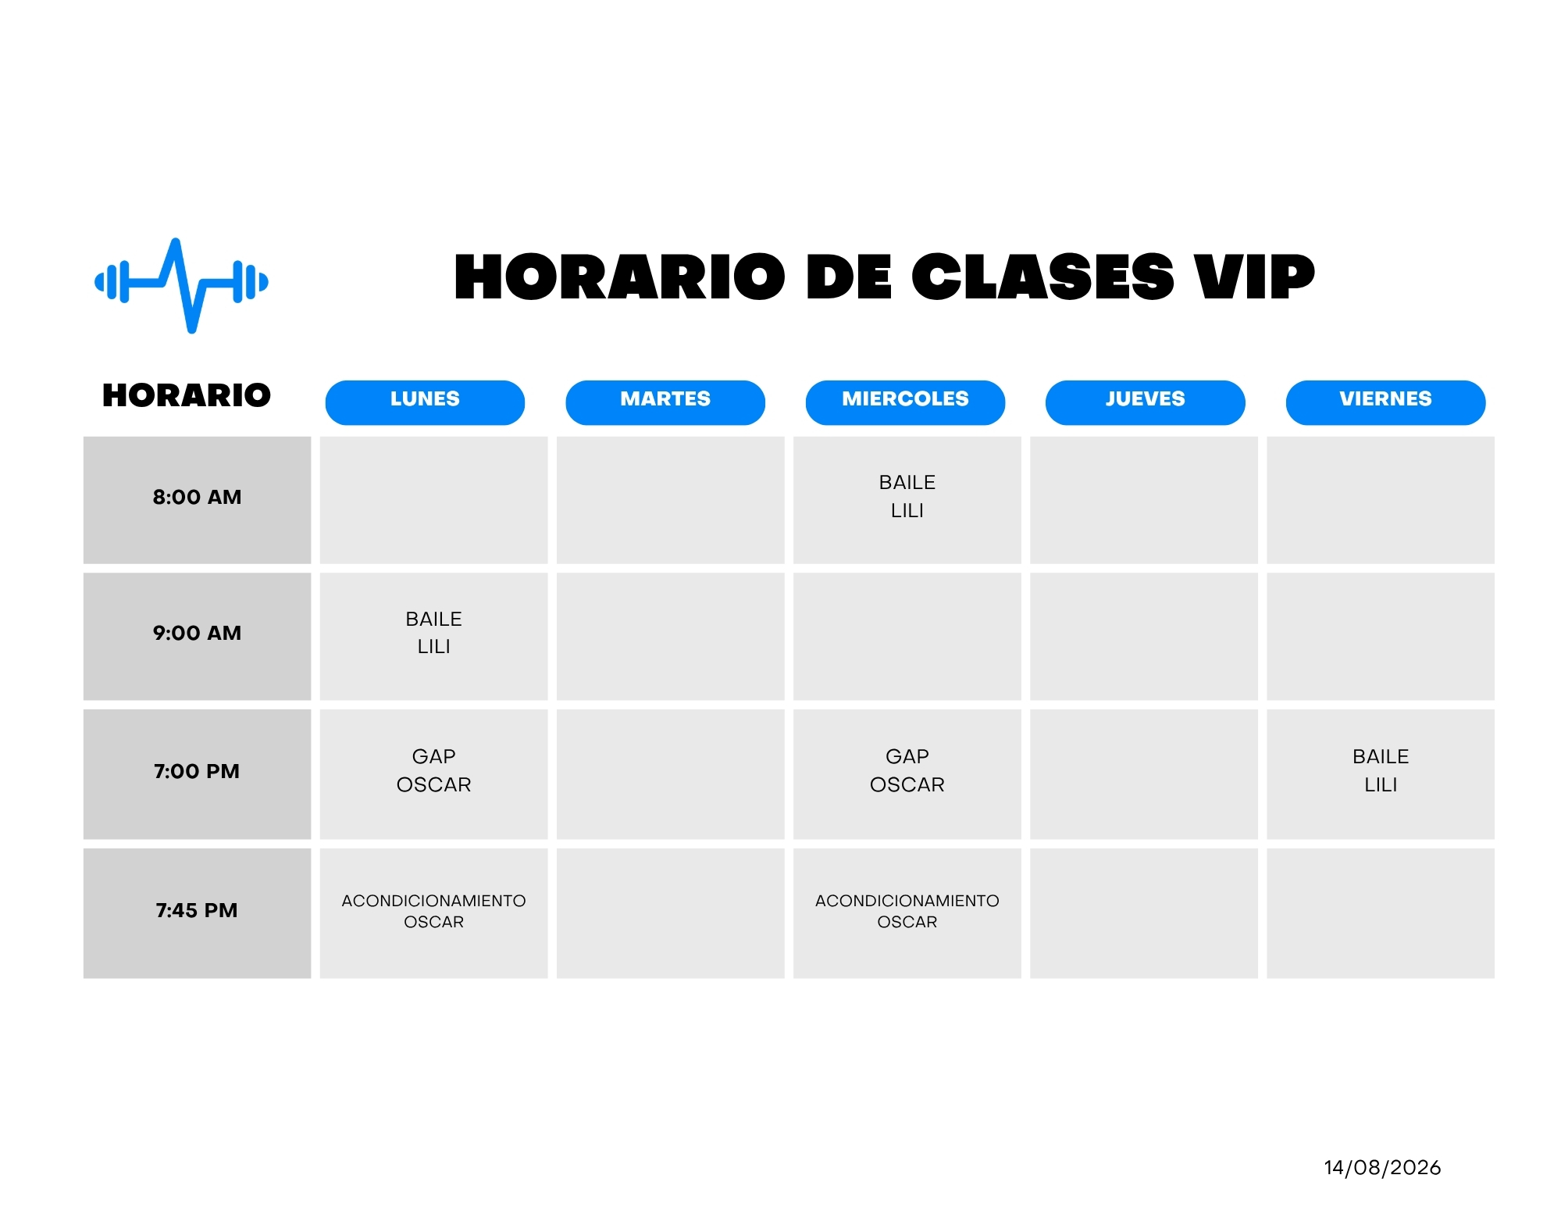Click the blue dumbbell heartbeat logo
point(181,285)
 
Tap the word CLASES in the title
point(1042,277)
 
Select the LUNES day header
point(425,402)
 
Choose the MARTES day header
point(665,402)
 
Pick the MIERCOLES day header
point(905,402)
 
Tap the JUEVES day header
point(1145,402)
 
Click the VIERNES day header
point(1385,402)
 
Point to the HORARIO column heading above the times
point(187,395)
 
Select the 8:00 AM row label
point(197,497)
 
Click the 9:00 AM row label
point(197,633)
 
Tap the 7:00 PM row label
point(197,771)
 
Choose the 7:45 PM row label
point(197,910)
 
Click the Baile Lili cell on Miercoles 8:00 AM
point(907,500)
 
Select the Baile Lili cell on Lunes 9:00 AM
point(433,637)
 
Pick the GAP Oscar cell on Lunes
point(433,774)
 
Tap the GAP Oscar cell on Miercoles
point(907,774)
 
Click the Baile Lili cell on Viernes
point(1381,774)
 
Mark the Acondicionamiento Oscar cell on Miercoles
point(907,913)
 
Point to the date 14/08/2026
point(1382,1167)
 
